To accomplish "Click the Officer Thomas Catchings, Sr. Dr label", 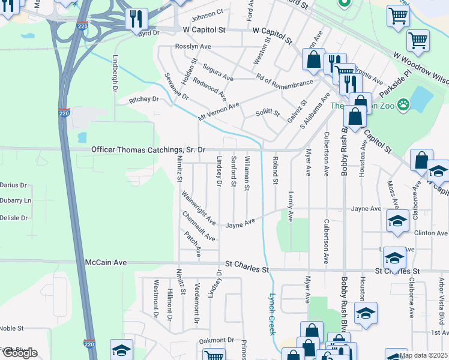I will coord(148,149).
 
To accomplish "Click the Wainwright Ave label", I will coord(199,208).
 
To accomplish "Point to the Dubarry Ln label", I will coord(14,201).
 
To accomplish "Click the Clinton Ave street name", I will coord(430,233).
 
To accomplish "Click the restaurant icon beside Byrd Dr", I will coord(137,20).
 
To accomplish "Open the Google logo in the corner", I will coord(19,353).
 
